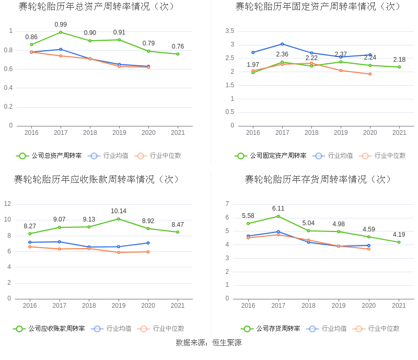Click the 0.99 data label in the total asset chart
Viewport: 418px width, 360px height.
coord(61,25)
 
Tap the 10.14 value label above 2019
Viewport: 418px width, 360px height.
coord(119,211)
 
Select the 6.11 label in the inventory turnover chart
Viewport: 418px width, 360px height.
coord(278,208)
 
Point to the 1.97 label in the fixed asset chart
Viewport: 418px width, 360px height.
coord(253,65)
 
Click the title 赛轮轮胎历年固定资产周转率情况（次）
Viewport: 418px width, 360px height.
coord(318,7)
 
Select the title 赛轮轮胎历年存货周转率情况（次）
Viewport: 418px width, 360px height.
coord(318,180)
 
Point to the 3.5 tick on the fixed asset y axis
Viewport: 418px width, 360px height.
coord(230,31)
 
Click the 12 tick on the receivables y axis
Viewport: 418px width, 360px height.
coord(8,204)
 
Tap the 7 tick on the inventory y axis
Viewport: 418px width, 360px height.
coord(227,204)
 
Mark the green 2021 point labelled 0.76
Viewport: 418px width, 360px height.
coord(178,54)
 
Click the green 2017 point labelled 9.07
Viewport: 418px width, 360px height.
coord(60,227)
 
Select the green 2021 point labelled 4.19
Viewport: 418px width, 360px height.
coord(399,242)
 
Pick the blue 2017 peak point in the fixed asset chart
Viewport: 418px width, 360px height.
coord(282,44)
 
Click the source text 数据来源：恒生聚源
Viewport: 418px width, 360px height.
coord(208,343)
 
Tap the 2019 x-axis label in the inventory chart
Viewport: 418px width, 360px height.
coord(339,306)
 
